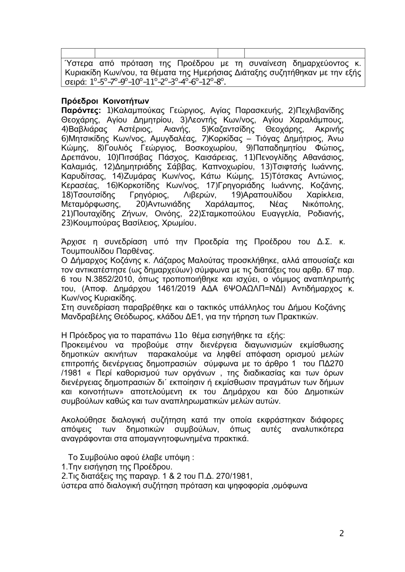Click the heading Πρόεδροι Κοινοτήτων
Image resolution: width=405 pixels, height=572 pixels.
click(105, 101)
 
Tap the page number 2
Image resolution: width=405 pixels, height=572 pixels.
click(341, 533)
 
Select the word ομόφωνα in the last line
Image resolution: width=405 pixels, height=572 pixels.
click(290, 485)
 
